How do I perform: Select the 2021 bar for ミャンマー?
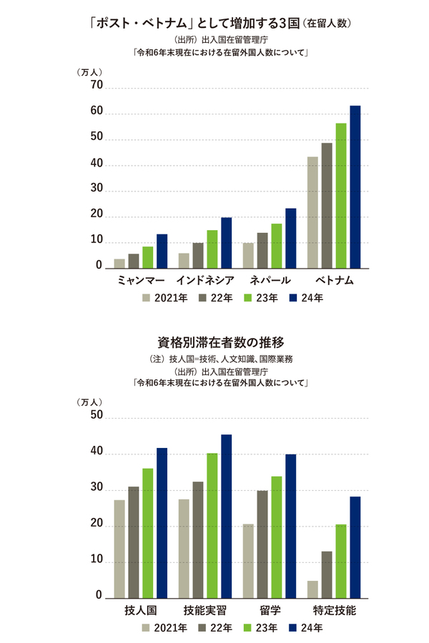(x=119, y=264)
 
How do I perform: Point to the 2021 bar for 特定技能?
(x=312, y=590)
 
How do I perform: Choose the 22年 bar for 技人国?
(x=134, y=543)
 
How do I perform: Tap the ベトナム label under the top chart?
(x=334, y=281)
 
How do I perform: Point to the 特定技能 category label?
(x=334, y=611)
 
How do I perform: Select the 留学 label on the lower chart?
(x=270, y=611)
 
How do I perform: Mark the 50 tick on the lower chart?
(x=95, y=417)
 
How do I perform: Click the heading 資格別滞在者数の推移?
(x=214, y=341)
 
